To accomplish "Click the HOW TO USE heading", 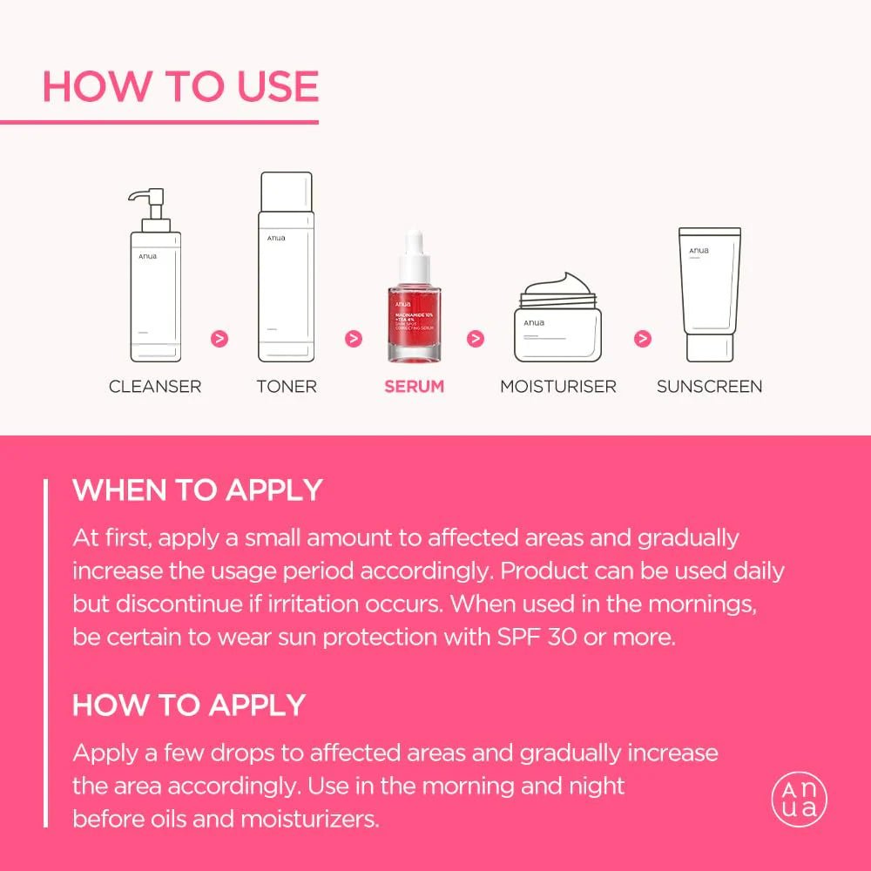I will click(180, 87).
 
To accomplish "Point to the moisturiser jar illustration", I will click(557, 322).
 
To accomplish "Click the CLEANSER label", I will click(155, 386).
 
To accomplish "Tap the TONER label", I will click(287, 386).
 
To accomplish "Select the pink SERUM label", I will click(415, 386).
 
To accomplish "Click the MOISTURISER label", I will click(557, 386).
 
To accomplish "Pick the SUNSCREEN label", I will click(709, 386).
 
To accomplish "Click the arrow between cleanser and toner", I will click(220, 338).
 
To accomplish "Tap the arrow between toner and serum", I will click(353, 338).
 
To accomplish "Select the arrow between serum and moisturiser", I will click(476, 338).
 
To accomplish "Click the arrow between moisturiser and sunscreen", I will click(643, 338).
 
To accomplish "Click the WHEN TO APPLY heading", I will click(198, 490).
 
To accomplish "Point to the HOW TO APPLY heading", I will click(189, 705).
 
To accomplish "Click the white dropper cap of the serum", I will click(415, 248).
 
